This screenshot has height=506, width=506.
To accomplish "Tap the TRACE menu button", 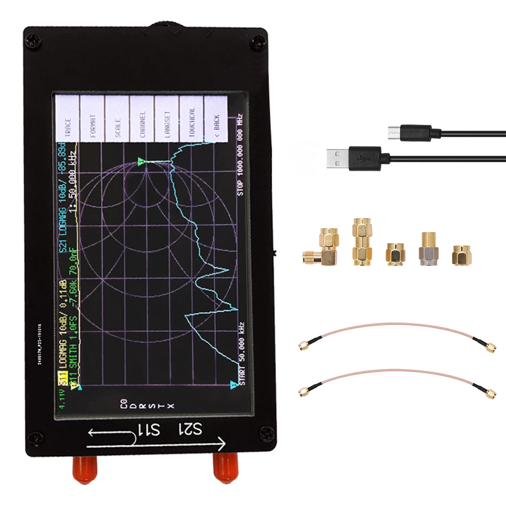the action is pyautogui.click(x=67, y=121).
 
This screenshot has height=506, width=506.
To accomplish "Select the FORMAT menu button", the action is pyautogui.click(x=92, y=121).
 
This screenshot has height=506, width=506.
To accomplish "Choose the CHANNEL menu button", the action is pyautogui.click(x=142, y=121).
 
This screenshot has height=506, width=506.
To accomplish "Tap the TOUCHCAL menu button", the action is pyautogui.click(x=192, y=121).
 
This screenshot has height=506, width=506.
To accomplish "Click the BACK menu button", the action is pyautogui.click(x=216, y=121).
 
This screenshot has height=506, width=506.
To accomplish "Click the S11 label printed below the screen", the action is pyautogui.click(x=150, y=431).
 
